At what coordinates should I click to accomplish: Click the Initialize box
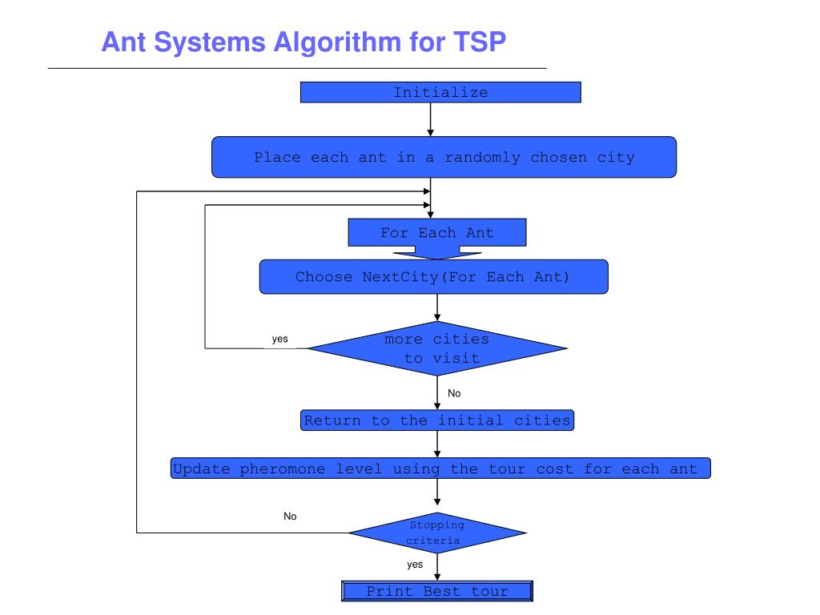coord(440,92)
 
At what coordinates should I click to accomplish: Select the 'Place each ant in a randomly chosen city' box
coord(444,157)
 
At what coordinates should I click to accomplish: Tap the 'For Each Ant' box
coord(437,233)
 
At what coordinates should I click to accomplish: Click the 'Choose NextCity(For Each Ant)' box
coord(433,277)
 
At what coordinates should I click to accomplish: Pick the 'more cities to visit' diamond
coord(437,348)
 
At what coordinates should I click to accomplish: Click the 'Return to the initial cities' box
coord(437,420)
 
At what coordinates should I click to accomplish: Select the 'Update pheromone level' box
coord(440,468)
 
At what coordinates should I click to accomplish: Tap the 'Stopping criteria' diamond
coord(437,533)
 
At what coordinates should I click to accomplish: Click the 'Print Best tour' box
coord(437,592)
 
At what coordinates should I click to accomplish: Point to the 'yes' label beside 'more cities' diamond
coord(279,339)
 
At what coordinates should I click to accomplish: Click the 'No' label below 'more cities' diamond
coord(454,393)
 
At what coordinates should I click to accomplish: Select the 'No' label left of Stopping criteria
coord(290,517)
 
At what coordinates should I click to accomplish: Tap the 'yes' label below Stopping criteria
coord(415,565)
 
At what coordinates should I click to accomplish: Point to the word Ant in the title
coord(122,42)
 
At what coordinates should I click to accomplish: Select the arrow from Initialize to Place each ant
coord(431,119)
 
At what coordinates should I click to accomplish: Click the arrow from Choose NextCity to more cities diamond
coord(437,307)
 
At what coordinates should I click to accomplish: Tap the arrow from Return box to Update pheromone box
coord(437,444)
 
